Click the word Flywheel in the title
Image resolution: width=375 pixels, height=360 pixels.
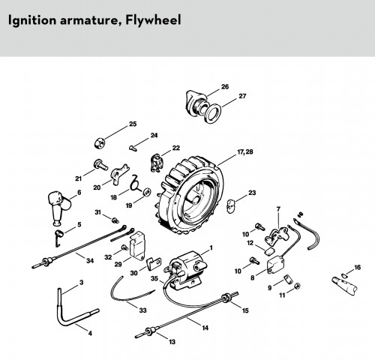[x=153, y=20]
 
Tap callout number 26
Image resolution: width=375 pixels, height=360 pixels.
[x=225, y=87]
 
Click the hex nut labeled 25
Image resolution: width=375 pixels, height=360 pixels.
[x=100, y=143]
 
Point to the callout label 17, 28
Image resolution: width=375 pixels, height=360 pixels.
[x=245, y=151]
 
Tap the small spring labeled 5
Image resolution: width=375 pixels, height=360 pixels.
[x=58, y=238]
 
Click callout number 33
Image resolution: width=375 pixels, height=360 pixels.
[x=142, y=310]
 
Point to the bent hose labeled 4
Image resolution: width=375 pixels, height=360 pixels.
[x=73, y=310]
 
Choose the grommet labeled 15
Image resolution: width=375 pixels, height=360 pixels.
[x=226, y=298]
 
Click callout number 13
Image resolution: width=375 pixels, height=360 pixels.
[x=172, y=341]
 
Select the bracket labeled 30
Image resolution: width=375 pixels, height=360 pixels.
[x=154, y=264]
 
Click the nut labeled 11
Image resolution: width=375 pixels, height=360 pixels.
[x=297, y=286]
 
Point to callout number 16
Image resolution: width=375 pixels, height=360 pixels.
[x=358, y=267]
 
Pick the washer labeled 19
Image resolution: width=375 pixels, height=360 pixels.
[x=146, y=192]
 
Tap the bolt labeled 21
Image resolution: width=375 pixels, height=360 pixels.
[x=100, y=165]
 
